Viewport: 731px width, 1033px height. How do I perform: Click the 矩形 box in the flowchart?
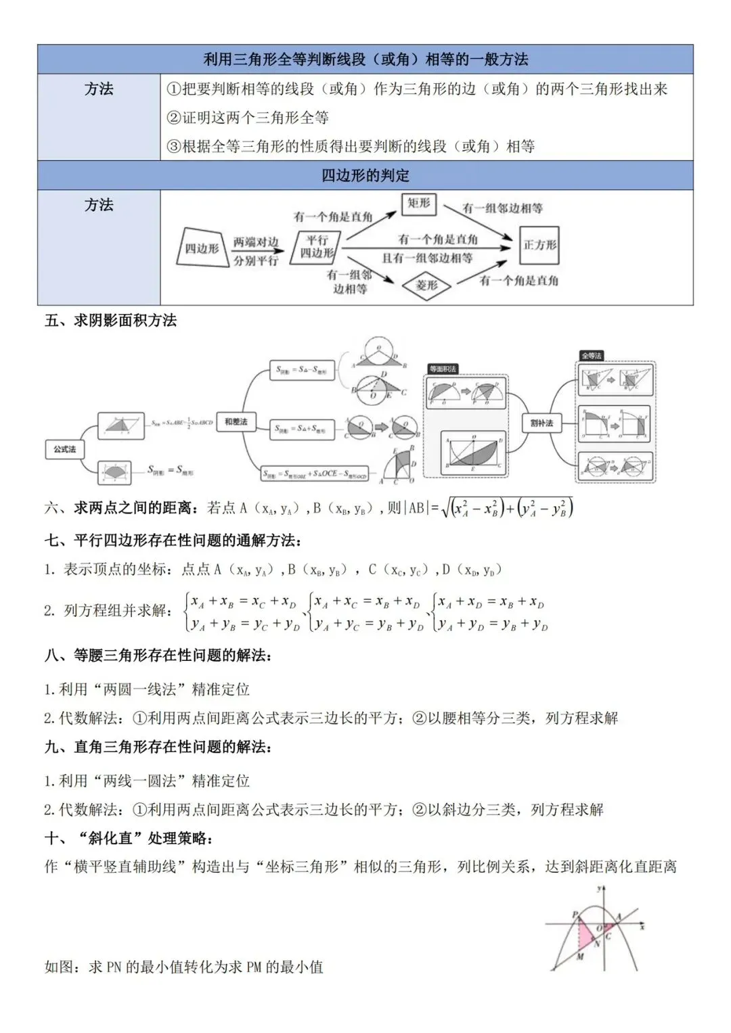coord(419,203)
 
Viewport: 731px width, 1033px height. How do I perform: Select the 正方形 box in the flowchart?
coord(539,245)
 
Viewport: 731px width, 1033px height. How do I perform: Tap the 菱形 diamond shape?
coord(426,285)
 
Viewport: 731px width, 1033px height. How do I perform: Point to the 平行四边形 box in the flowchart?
coord(317,247)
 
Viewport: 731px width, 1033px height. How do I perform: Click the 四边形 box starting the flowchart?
coord(202,248)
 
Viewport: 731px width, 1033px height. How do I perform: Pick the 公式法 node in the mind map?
coord(65,449)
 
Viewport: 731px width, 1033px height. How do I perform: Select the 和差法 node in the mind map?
coord(236,421)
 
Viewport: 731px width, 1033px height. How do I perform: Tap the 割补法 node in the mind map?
coord(541,423)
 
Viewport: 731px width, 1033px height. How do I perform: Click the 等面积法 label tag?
coord(443,369)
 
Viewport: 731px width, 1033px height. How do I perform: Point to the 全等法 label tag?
coord(591,356)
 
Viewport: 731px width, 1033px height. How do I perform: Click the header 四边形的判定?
coord(365,176)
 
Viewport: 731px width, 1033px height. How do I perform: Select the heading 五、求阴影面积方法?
coord(111,321)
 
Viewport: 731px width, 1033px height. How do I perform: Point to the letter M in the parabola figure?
coord(580,957)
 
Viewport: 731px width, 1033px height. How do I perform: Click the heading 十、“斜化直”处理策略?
coord(129,839)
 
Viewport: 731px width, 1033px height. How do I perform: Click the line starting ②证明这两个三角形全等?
coord(248,118)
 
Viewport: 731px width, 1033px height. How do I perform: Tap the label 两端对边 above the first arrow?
coord(256,242)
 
